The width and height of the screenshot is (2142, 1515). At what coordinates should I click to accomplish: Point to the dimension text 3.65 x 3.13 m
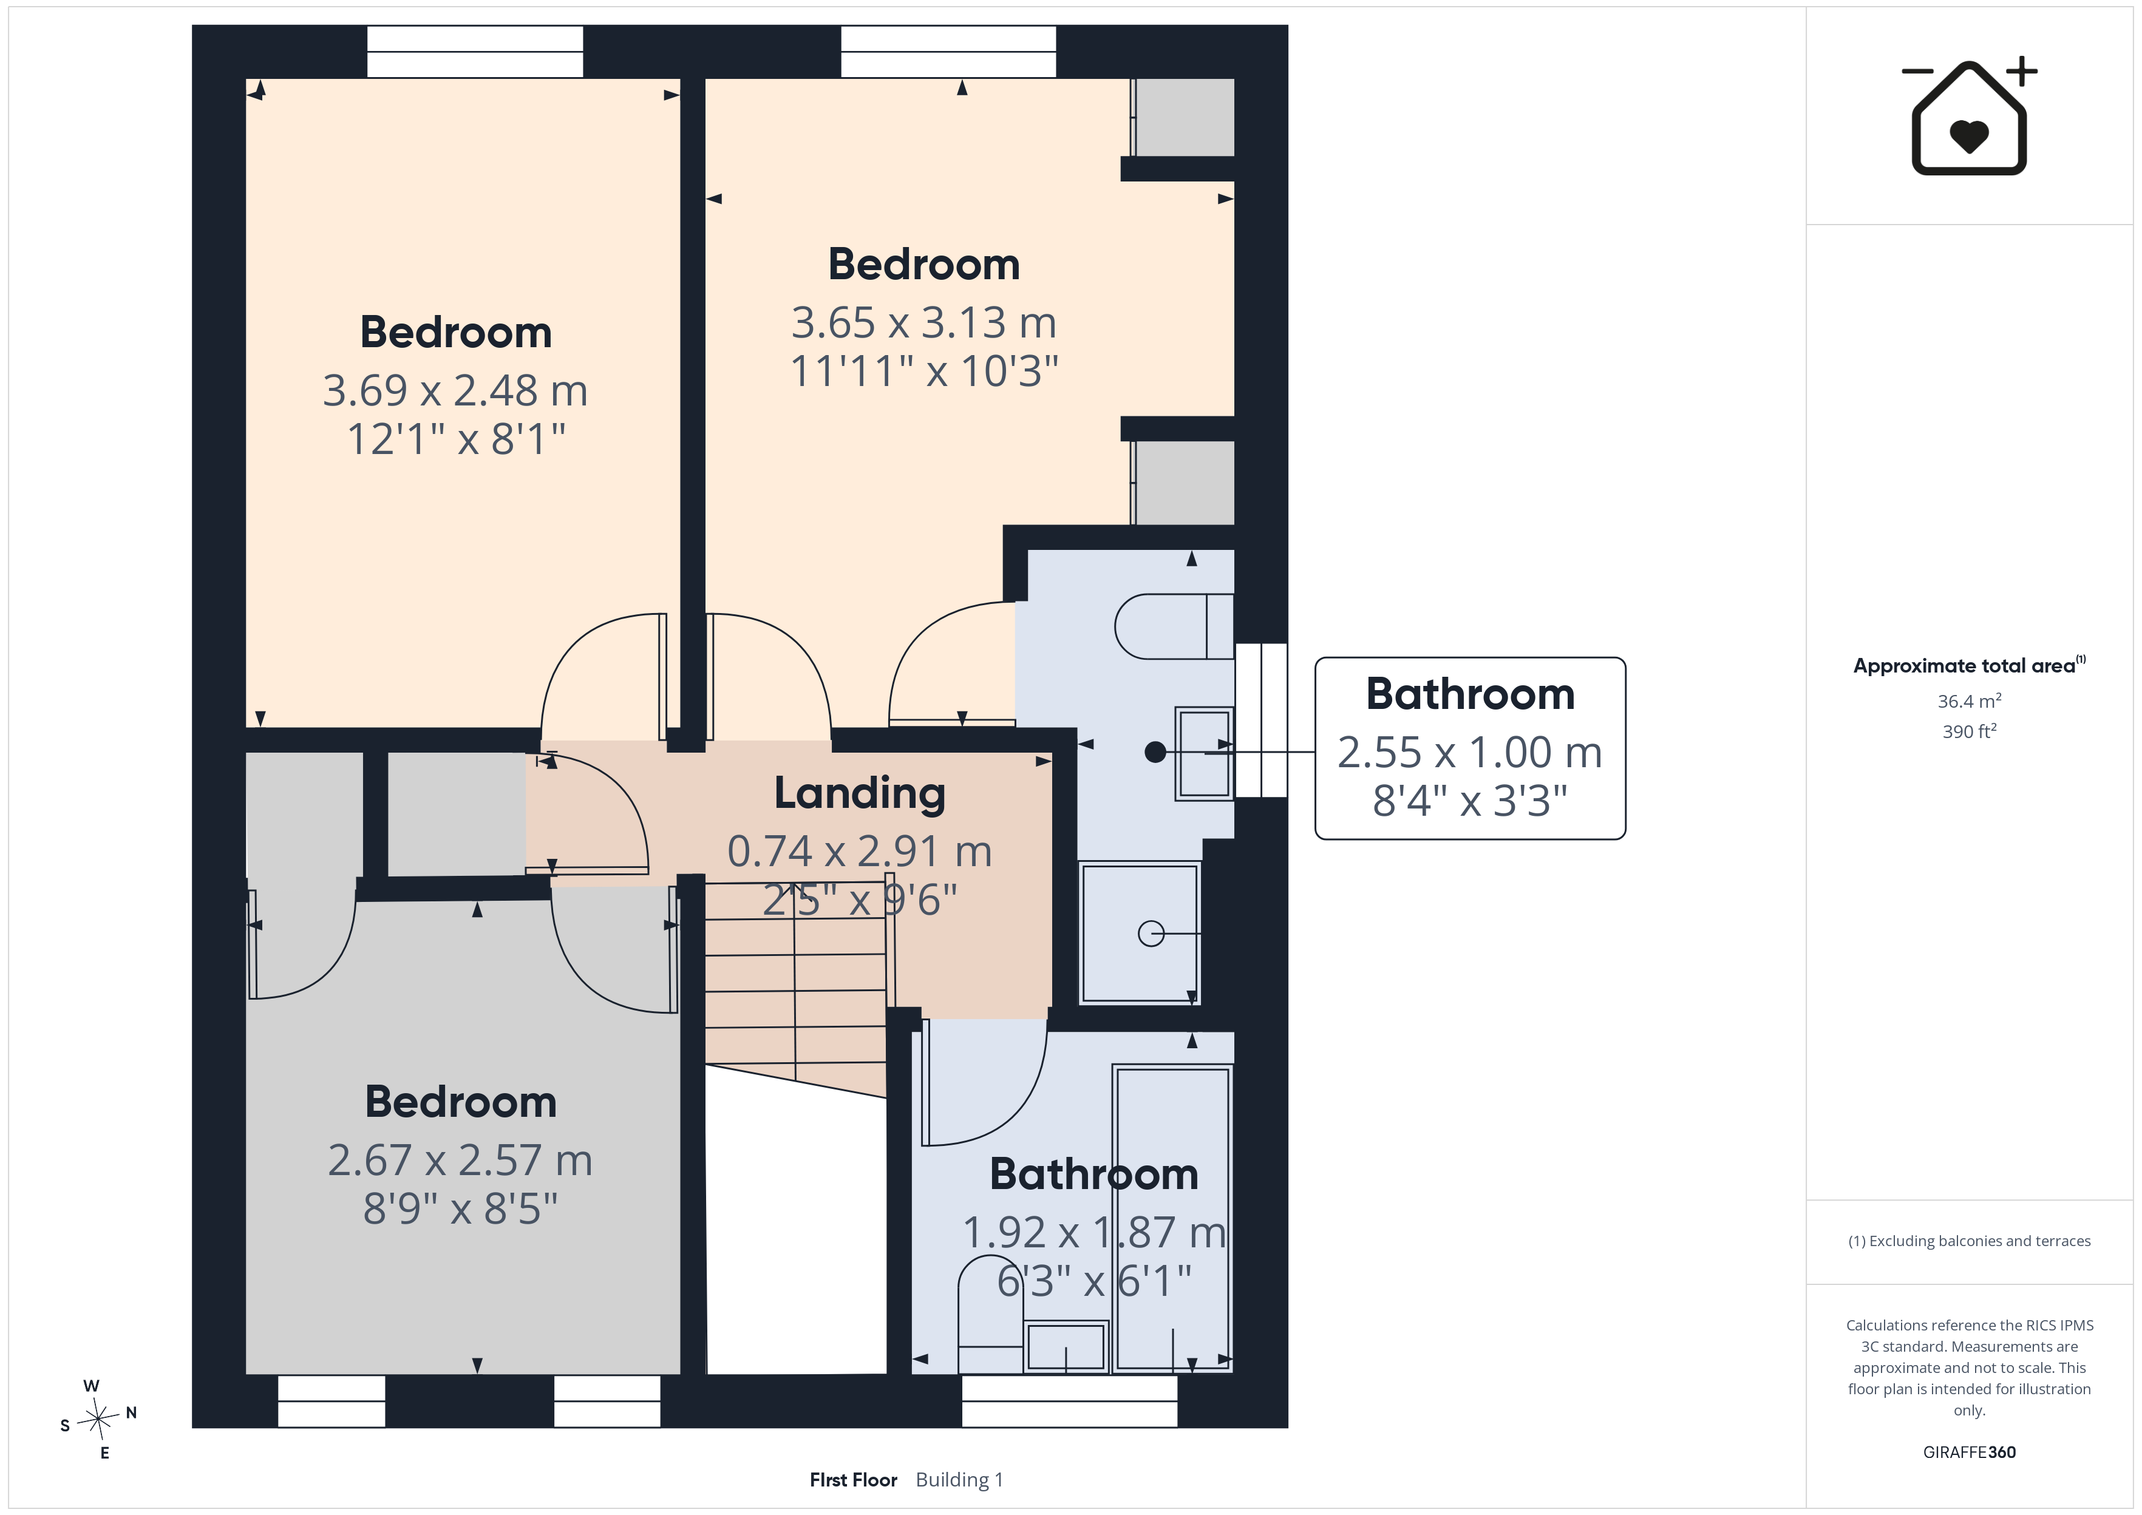923,323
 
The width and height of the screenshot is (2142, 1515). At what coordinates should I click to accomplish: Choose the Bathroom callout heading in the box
1470,694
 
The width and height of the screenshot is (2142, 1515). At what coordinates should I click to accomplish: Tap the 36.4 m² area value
1970,700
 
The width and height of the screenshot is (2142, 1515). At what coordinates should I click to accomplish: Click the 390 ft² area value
1970,731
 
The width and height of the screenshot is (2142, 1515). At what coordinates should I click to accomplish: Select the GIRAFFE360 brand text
1970,1452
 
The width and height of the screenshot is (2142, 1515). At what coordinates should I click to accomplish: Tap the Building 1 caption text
959,1480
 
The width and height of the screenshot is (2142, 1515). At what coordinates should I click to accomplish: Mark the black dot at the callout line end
1155,752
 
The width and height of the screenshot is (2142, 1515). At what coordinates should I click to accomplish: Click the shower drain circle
1151,933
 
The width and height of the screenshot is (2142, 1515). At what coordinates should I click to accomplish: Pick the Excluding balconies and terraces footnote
1970,1241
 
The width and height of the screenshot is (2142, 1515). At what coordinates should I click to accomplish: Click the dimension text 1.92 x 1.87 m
1094,1232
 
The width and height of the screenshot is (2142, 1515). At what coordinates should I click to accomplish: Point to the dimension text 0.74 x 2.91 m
859,852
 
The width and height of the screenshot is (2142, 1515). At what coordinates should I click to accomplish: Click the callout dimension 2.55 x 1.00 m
1470,752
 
